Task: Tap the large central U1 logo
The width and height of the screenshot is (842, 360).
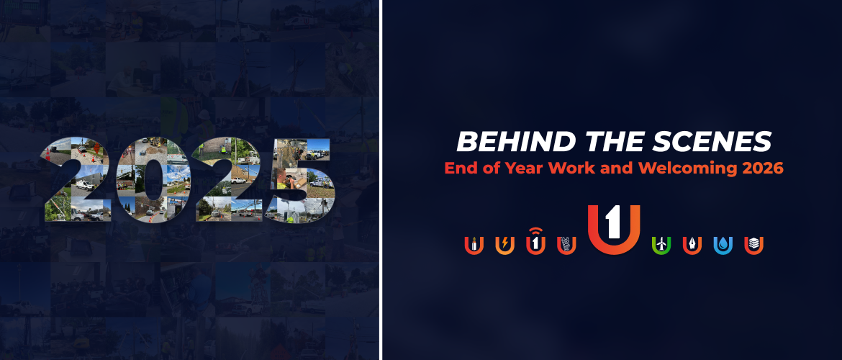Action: coord(614,229)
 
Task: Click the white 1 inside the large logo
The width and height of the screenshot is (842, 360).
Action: coord(613,224)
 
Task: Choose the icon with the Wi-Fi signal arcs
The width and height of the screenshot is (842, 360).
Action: coord(535,241)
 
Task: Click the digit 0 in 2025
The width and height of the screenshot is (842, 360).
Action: coord(146,180)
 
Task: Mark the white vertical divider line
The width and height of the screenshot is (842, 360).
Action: coord(381,180)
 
